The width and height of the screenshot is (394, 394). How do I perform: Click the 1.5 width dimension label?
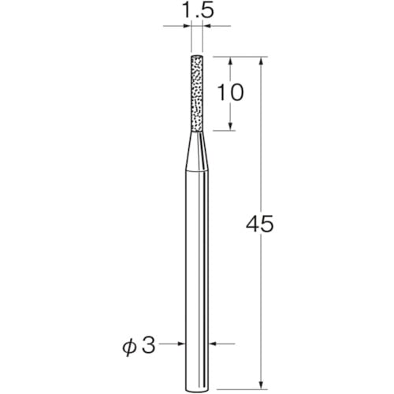(197, 10)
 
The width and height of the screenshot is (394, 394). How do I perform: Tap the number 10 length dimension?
(231, 92)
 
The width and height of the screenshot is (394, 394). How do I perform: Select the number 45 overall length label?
(260, 224)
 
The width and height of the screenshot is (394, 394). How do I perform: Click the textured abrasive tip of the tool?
(197, 94)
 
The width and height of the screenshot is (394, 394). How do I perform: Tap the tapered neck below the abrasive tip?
(197, 151)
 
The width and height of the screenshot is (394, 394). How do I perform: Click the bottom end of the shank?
(197, 391)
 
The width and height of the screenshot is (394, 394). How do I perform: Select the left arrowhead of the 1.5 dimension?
(187, 26)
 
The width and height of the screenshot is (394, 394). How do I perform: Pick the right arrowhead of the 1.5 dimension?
(207, 26)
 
